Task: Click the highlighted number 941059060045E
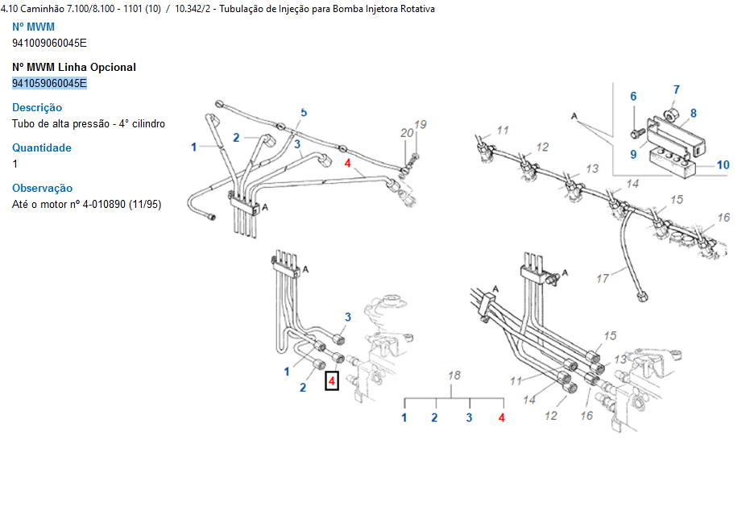pyautogui.click(x=49, y=83)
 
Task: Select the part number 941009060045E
pyautogui.click(x=49, y=43)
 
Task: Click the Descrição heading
pyautogui.click(x=37, y=107)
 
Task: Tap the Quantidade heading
pyautogui.click(x=42, y=147)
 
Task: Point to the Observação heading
pyautogui.click(x=43, y=188)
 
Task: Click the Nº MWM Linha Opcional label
pyautogui.click(x=74, y=67)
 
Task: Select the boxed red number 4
pyautogui.click(x=332, y=380)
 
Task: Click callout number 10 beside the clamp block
pyautogui.click(x=723, y=165)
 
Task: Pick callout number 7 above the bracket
pyautogui.click(x=676, y=89)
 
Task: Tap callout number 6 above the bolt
pyautogui.click(x=633, y=97)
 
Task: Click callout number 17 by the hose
pyautogui.click(x=603, y=279)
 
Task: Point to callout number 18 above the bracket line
pyautogui.click(x=454, y=376)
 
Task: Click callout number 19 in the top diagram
pyautogui.click(x=420, y=124)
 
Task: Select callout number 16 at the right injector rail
pyautogui.click(x=723, y=218)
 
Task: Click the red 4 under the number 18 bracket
pyautogui.click(x=502, y=418)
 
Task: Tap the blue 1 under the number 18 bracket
pyautogui.click(x=404, y=418)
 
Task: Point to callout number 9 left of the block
pyautogui.click(x=633, y=154)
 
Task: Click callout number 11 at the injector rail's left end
pyautogui.click(x=503, y=130)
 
